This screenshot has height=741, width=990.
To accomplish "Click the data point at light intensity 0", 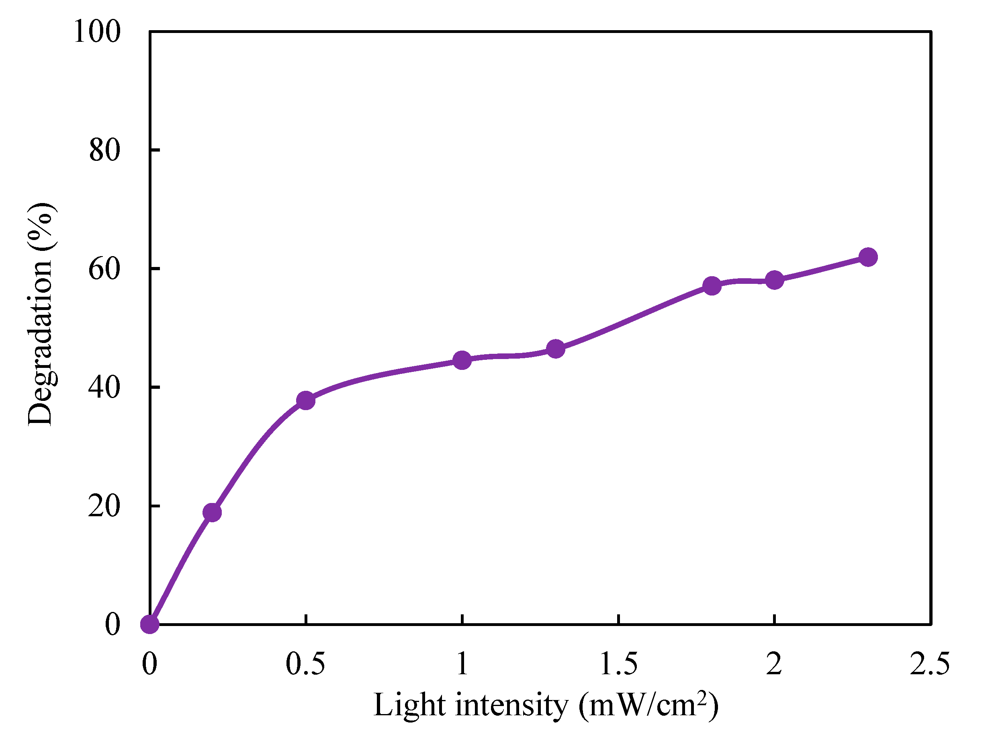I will pyautogui.click(x=149, y=624).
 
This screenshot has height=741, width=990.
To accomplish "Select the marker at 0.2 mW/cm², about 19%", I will pyautogui.click(x=212, y=512).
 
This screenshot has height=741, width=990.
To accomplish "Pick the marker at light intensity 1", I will pyautogui.click(x=462, y=360).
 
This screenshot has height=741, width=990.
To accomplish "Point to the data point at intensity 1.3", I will pyautogui.click(x=555, y=349).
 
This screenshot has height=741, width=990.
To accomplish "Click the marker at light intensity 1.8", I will pyautogui.click(x=712, y=285).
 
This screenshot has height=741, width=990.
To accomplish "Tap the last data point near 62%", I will pyautogui.click(x=868, y=257).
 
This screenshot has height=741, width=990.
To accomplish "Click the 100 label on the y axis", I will pyautogui.click(x=97, y=32).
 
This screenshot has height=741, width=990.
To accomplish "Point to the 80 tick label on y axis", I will pyautogui.click(x=105, y=150).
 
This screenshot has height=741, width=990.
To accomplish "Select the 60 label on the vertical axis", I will pyautogui.click(x=105, y=269).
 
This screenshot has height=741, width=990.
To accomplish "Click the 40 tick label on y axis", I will pyautogui.click(x=105, y=387).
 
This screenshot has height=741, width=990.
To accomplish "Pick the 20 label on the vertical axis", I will pyautogui.click(x=105, y=506).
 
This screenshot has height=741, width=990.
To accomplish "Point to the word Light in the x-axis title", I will pyautogui.click(x=410, y=705).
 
